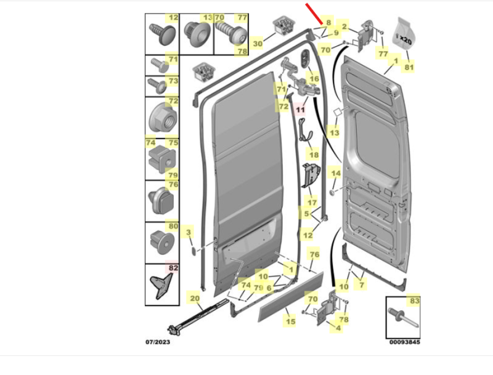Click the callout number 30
(x=258, y=43)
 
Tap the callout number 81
(x=409, y=67)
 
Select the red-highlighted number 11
(x=301, y=110)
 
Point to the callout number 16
(x=314, y=79)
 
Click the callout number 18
(x=314, y=155)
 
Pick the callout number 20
(x=195, y=298)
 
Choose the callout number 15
(x=290, y=321)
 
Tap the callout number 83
(x=415, y=301)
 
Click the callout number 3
(x=189, y=232)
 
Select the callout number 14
(x=336, y=173)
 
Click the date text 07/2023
(x=158, y=342)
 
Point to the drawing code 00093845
(x=405, y=342)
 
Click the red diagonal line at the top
(x=314, y=14)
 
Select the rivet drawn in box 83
(x=404, y=318)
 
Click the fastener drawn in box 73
(x=157, y=86)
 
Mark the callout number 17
(x=312, y=203)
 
